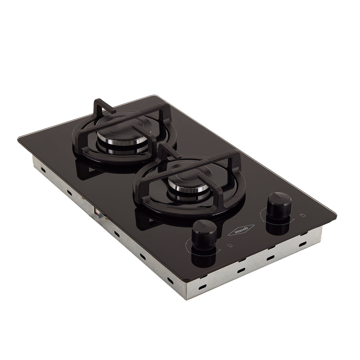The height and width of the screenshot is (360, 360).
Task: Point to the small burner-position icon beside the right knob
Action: point(302,215)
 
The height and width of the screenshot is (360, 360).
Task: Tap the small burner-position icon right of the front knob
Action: point(230,245)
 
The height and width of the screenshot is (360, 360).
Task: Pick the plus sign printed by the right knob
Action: point(263,221)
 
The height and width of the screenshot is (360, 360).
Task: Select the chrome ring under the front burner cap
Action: point(182,190)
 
